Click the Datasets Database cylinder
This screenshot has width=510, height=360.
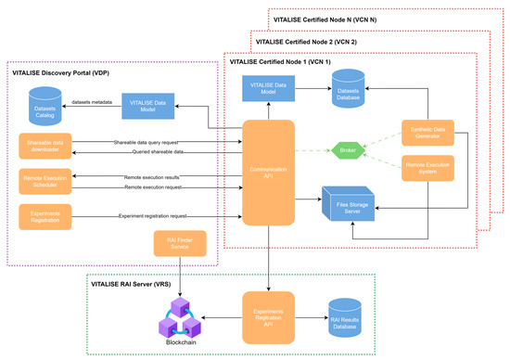pos(351,91)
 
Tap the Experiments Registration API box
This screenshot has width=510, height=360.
pos(269,314)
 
